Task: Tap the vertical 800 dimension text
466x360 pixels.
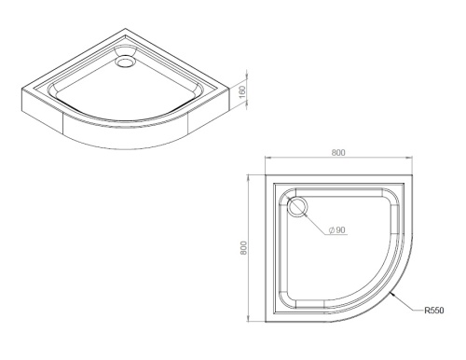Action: tap(243, 247)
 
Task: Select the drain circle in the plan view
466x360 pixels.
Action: tap(298, 207)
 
